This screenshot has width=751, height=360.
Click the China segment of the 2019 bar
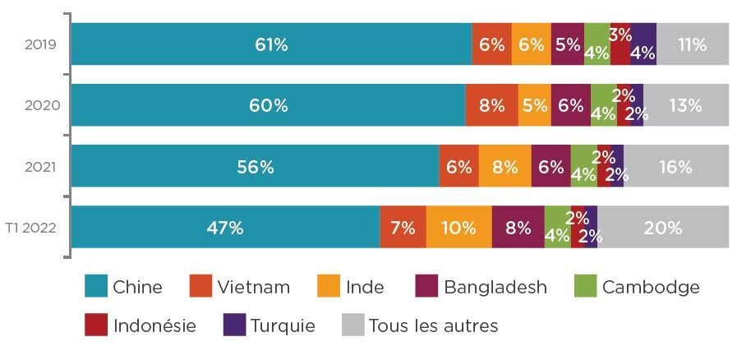click(271, 44)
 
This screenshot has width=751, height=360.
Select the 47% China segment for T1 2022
click(225, 228)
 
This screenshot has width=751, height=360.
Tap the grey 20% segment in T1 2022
click(663, 228)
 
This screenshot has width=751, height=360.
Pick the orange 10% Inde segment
click(458, 228)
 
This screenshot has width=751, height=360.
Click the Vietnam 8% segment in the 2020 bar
click(491, 105)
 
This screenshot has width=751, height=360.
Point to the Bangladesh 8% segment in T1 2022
click(518, 228)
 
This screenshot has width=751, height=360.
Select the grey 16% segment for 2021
click(675, 167)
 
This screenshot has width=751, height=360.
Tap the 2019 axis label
click(40, 44)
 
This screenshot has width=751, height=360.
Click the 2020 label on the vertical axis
click(40, 105)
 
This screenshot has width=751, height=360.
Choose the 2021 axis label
click(40, 167)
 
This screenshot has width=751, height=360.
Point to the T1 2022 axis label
click(34, 228)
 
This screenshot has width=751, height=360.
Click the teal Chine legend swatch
click(95, 287)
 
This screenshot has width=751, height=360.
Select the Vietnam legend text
click(254, 288)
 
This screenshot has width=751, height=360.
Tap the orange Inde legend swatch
click(329, 287)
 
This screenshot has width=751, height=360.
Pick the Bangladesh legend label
click(495, 288)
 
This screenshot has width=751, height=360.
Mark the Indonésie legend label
click(155, 325)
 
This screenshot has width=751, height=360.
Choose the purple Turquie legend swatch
click(234, 325)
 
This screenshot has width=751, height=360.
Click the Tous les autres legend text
click(434, 325)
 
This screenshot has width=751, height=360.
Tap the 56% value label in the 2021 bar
click(256, 167)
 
